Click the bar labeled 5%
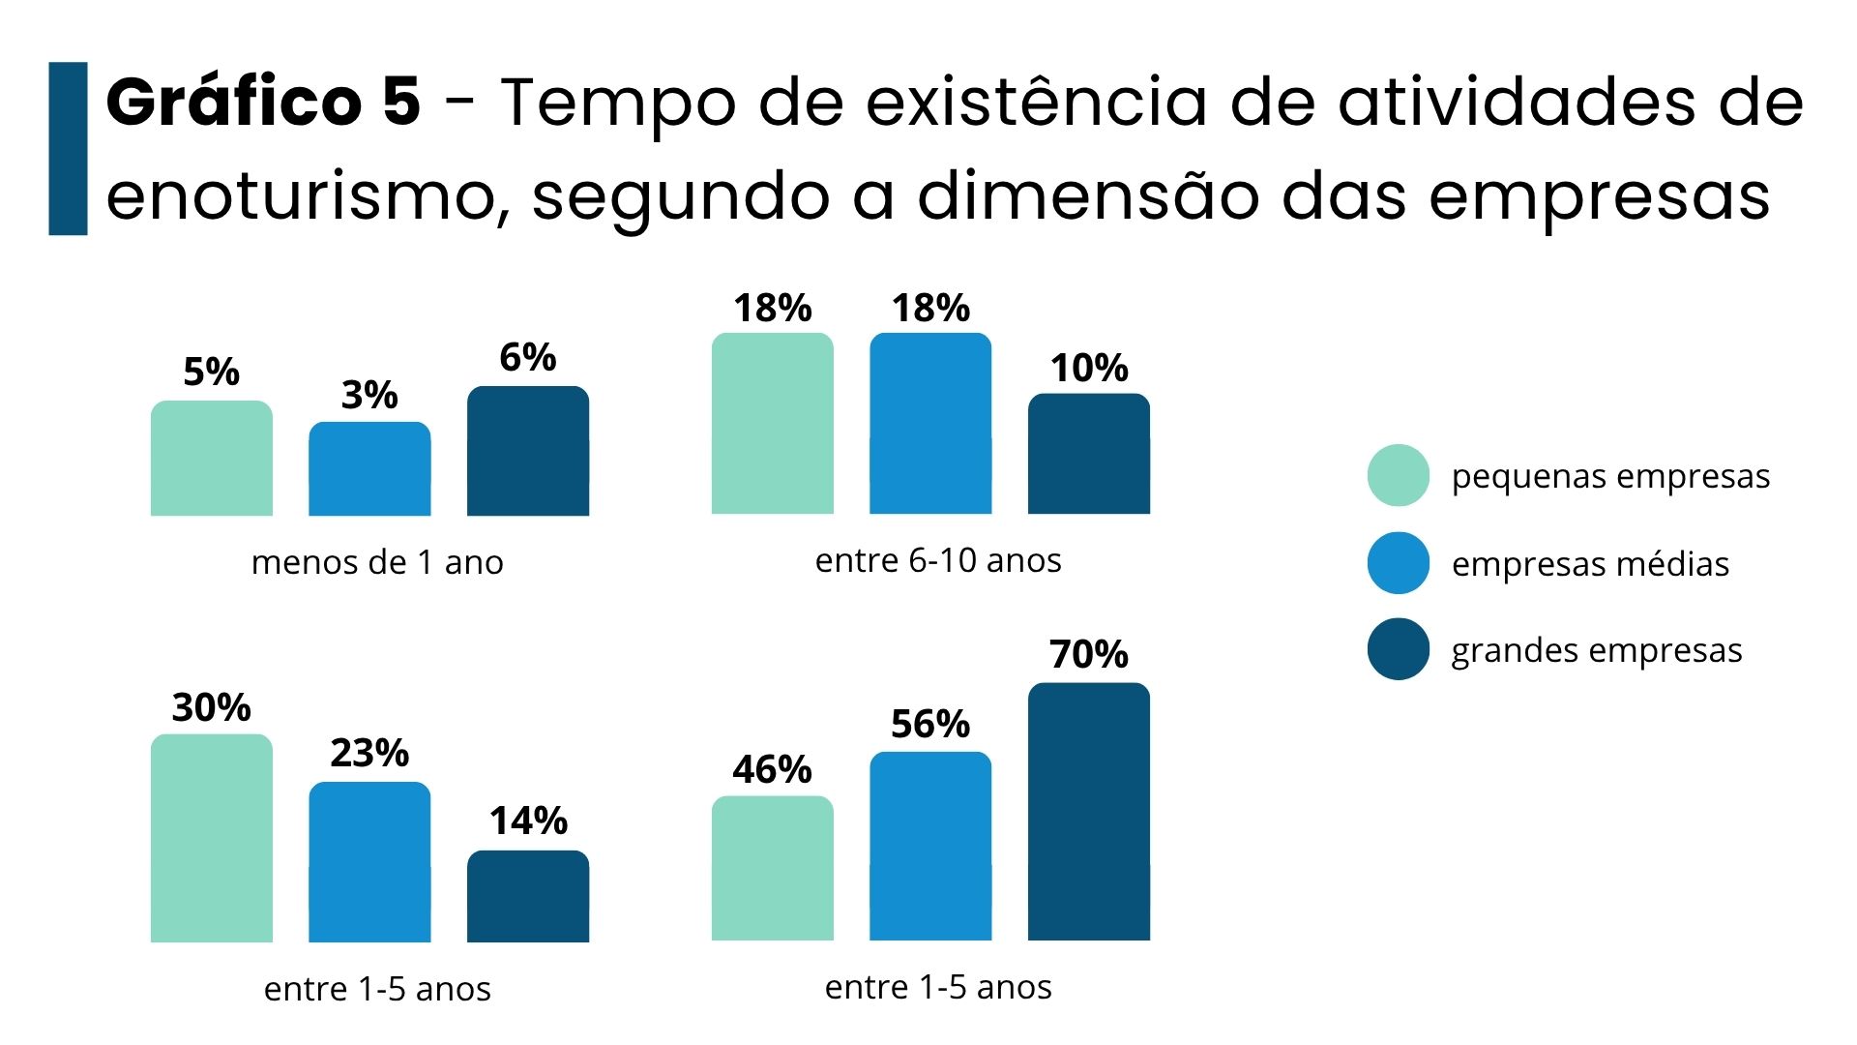point(211,459)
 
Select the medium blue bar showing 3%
point(369,469)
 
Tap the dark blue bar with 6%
point(528,451)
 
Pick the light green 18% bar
point(772,424)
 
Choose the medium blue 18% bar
point(930,424)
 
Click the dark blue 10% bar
point(1089,454)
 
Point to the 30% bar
point(211,838)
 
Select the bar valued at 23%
point(369,862)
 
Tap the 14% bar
point(528,896)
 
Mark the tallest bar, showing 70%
point(1089,812)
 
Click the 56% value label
point(930,724)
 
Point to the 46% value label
point(772,769)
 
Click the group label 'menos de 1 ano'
point(377,562)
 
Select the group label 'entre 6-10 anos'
point(938,560)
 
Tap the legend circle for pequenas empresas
point(1399,475)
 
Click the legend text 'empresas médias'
point(1590,564)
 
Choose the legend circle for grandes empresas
point(1399,649)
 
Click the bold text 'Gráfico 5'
point(263,102)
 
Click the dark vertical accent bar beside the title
point(68,149)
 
